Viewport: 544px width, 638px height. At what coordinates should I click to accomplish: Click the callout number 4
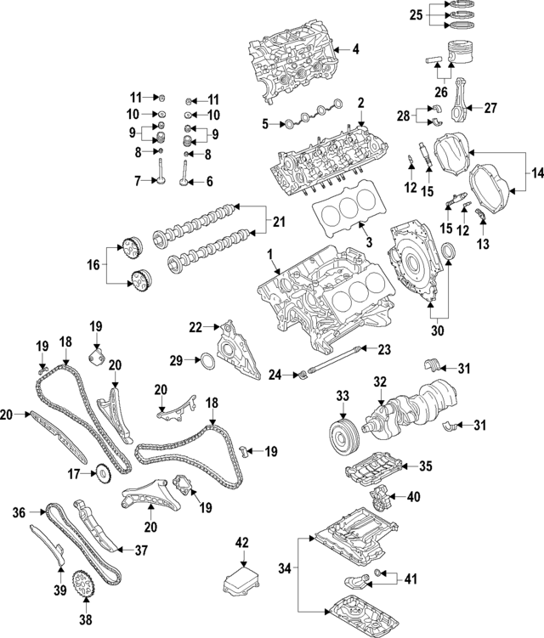(355, 50)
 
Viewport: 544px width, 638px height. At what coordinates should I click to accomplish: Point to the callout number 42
(243, 542)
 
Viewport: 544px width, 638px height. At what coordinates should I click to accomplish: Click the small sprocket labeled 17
(101, 472)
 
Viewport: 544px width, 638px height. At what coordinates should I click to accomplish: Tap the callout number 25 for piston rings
(416, 14)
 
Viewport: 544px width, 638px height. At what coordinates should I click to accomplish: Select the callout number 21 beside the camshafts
(276, 223)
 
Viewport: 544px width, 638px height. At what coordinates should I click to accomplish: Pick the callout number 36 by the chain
(20, 512)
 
